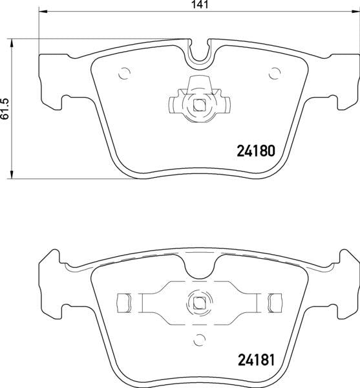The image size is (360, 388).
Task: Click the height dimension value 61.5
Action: coord(6,107)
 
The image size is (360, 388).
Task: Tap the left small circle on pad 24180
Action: coord(125,72)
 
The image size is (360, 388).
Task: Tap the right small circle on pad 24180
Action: coord(276,72)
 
